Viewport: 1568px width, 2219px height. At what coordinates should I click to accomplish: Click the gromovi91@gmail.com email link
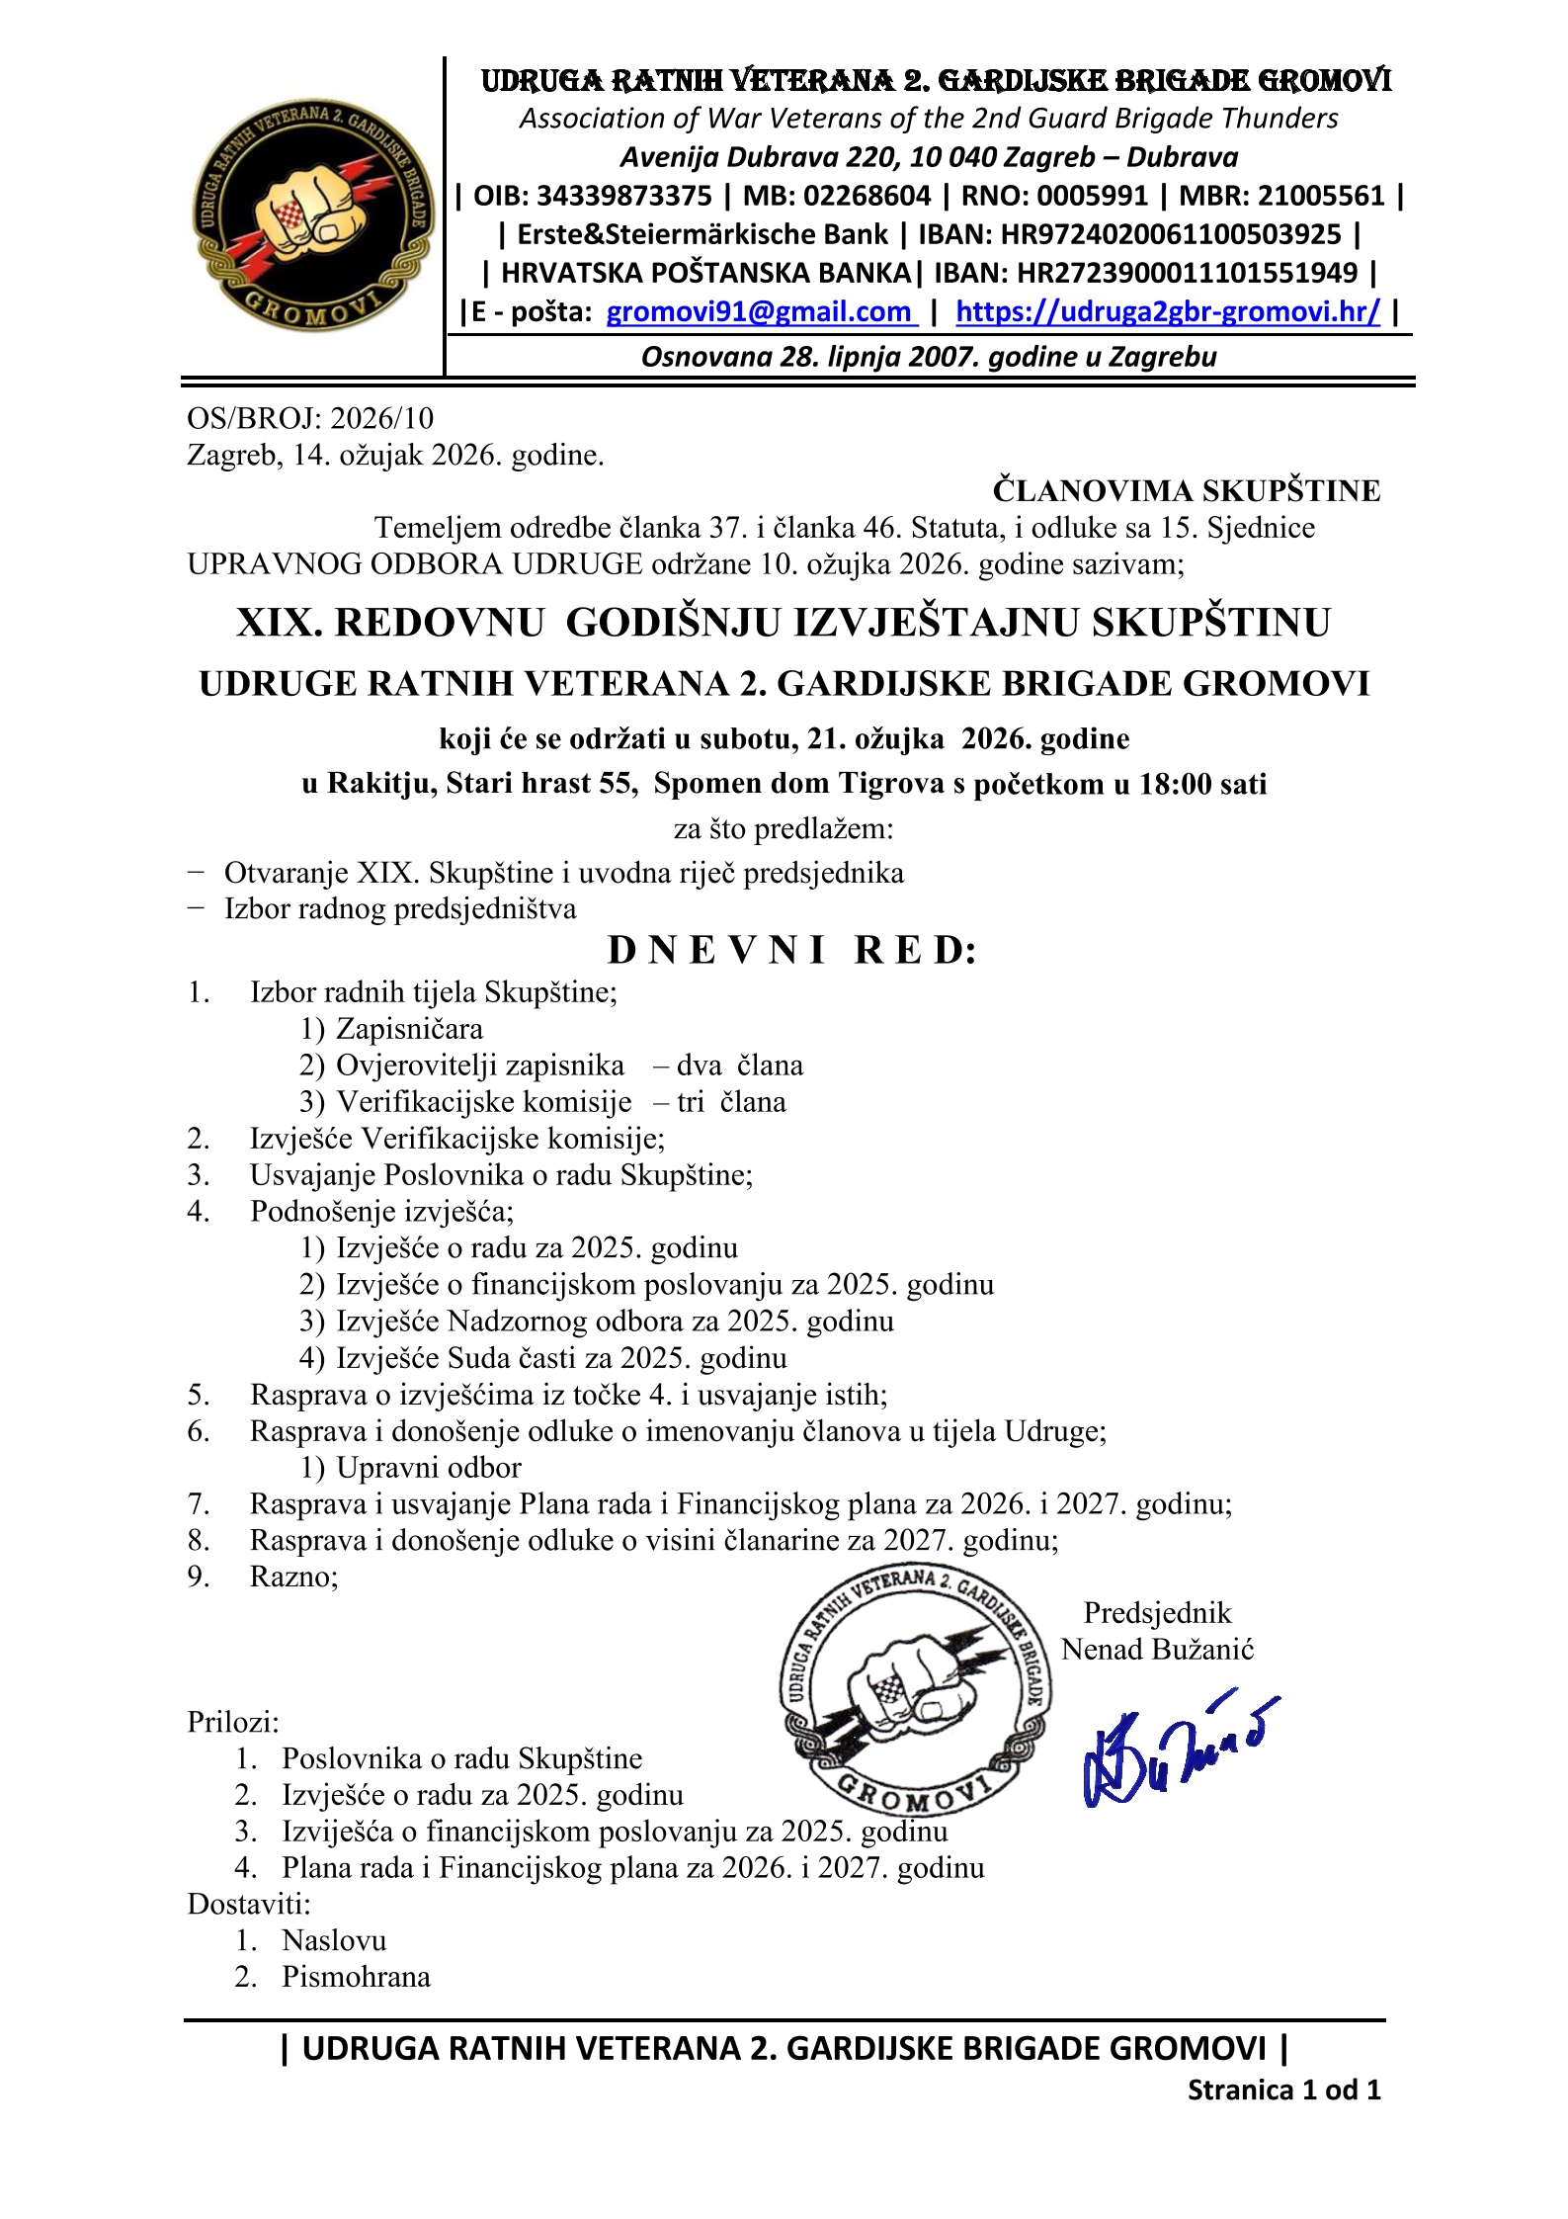coord(760,312)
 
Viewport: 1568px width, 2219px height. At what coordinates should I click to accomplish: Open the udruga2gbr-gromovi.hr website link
coord(1167,312)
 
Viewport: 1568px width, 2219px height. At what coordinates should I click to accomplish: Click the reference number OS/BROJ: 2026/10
coord(310,418)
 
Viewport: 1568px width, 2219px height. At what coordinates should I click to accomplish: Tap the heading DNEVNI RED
coord(791,950)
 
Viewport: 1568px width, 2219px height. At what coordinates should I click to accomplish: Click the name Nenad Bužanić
coord(1157,1649)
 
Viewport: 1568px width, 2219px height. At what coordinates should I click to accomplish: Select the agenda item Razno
coord(293,1576)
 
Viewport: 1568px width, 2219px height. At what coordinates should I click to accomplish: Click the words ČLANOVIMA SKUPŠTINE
coord(1186,490)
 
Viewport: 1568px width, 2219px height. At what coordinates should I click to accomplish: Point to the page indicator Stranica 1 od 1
coord(1282,2090)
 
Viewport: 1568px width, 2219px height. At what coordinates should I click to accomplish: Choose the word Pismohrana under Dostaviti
coord(356,1976)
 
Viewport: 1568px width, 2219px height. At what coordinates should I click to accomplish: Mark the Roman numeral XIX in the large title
coord(273,623)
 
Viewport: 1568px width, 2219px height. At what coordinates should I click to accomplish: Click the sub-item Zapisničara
coord(409,1028)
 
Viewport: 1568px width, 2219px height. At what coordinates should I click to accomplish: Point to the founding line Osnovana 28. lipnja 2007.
coord(929,357)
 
